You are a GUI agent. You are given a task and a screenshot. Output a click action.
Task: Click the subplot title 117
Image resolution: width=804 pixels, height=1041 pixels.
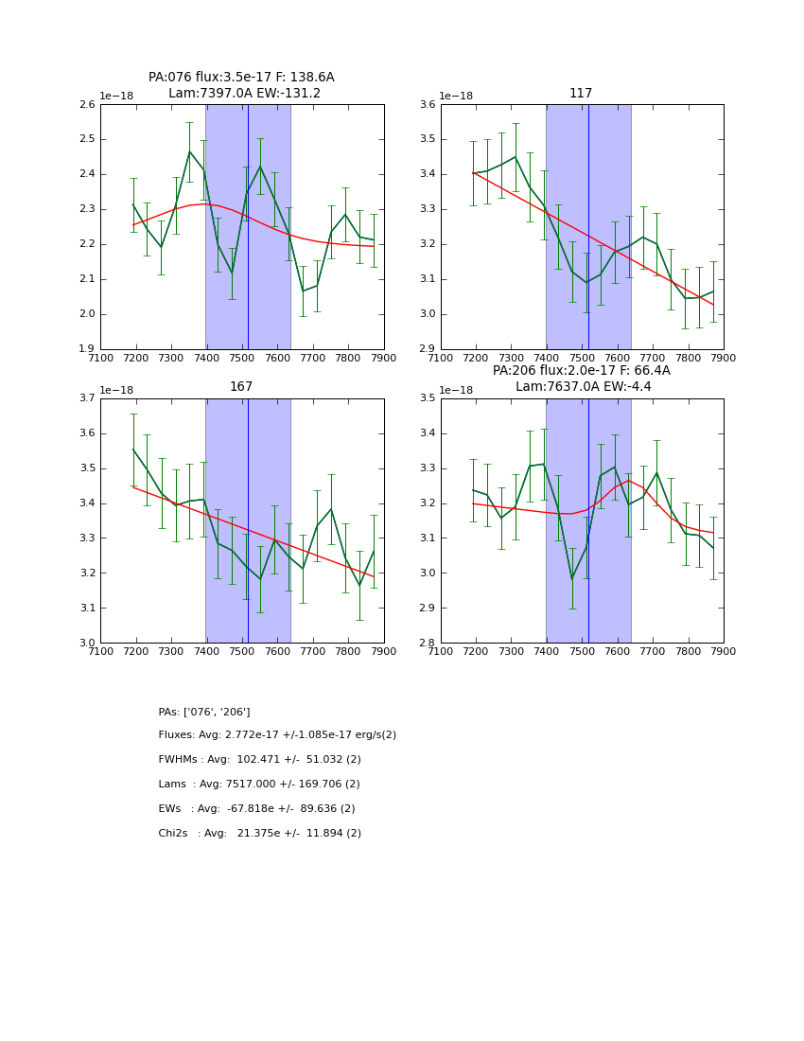pyautogui.click(x=581, y=94)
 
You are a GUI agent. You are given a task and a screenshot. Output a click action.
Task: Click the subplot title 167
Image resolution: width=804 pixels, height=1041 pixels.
pyautogui.click(x=241, y=387)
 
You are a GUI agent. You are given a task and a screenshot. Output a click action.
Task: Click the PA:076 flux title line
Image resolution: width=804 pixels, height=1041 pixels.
pyautogui.click(x=241, y=78)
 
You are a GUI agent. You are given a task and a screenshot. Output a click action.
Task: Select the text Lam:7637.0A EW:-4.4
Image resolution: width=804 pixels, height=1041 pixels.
pyautogui.click(x=581, y=387)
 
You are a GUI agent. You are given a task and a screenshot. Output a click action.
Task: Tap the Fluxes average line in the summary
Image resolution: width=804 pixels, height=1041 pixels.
pyautogui.click(x=277, y=735)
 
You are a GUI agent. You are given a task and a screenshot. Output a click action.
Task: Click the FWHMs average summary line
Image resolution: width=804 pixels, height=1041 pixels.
pyautogui.click(x=260, y=760)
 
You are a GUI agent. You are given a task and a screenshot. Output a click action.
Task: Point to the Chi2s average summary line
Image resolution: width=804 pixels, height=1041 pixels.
pyautogui.click(x=260, y=834)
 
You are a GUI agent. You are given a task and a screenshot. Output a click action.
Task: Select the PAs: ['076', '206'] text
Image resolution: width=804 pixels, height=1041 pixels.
pyautogui.click(x=204, y=712)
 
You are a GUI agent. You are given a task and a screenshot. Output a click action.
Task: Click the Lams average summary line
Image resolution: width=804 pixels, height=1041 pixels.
pyautogui.click(x=259, y=785)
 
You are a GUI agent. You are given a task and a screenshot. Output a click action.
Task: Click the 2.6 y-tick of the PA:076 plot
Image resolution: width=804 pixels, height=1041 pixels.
pyautogui.click(x=87, y=105)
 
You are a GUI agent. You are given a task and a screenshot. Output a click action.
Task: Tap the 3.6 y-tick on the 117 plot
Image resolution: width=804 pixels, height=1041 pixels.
pyautogui.click(x=428, y=105)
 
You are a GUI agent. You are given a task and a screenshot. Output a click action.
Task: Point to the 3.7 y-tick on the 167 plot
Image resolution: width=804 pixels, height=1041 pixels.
pyautogui.click(x=87, y=398)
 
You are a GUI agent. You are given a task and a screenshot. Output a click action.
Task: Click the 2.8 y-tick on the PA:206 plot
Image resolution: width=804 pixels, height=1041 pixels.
pyautogui.click(x=428, y=644)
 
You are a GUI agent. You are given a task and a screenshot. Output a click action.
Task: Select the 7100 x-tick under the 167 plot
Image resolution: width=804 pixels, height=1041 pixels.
pyautogui.click(x=100, y=651)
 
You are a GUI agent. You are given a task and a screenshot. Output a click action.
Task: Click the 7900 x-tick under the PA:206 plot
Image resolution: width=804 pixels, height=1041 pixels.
pyautogui.click(x=724, y=651)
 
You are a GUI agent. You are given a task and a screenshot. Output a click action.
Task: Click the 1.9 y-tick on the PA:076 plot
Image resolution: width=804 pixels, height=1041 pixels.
pyautogui.click(x=87, y=349)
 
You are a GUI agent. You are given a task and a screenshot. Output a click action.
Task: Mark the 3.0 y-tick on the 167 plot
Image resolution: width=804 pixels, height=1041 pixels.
pyautogui.click(x=87, y=644)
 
